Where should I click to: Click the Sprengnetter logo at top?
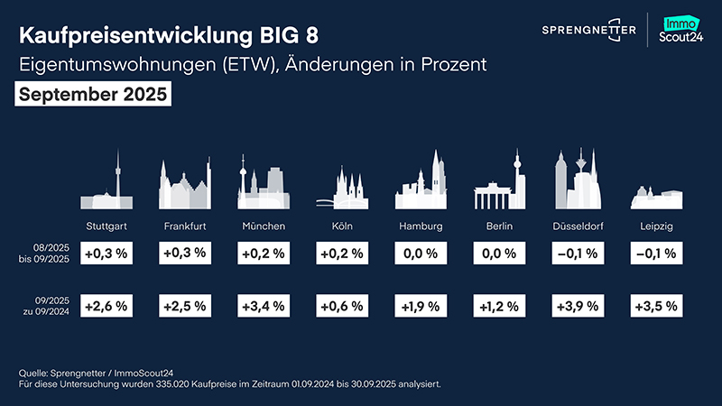[x=588, y=31]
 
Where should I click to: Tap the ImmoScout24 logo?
[x=682, y=31]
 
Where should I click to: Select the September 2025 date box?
[x=93, y=95]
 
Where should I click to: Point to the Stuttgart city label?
[x=105, y=225]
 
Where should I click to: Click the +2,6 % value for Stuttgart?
[x=105, y=306]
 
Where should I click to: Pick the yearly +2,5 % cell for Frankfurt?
[x=184, y=306]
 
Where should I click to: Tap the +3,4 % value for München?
[x=264, y=306]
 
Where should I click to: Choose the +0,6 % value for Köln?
[x=342, y=306]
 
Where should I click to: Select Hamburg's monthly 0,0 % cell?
[x=421, y=254]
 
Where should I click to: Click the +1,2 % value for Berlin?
[x=500, y=306]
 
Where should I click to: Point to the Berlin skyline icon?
[x=500, y=184]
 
